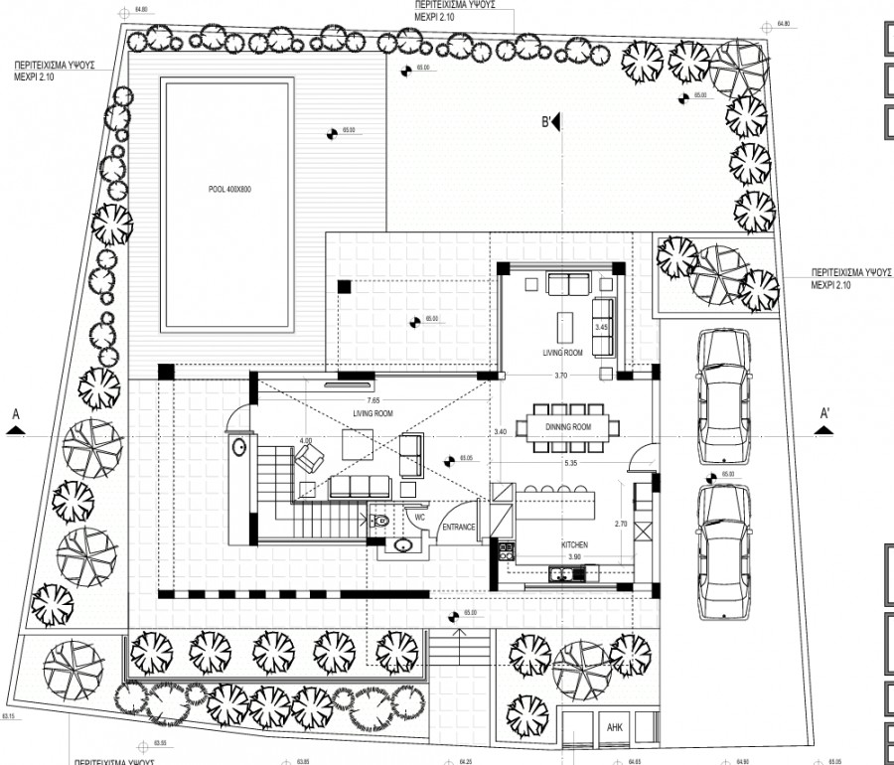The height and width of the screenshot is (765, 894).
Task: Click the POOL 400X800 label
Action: tap(226, 189)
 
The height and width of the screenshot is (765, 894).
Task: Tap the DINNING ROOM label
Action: tap(568, 426)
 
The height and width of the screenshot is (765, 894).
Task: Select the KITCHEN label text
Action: tap(575, 545)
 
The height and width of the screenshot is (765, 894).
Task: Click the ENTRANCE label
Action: tap(459, 527)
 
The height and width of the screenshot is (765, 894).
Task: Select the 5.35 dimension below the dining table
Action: tap(570, 463)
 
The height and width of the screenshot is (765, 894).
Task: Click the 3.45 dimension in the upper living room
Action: tap(600, 326)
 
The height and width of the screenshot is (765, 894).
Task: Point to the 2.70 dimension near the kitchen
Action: tap(621, 523)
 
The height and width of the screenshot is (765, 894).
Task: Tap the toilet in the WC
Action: tap(378, 519)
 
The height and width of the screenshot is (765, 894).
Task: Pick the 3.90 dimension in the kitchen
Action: tap(574, 556)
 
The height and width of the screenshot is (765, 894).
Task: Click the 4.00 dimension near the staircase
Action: tap(306, 440)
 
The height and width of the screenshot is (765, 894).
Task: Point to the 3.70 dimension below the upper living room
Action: tap(561, 376)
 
